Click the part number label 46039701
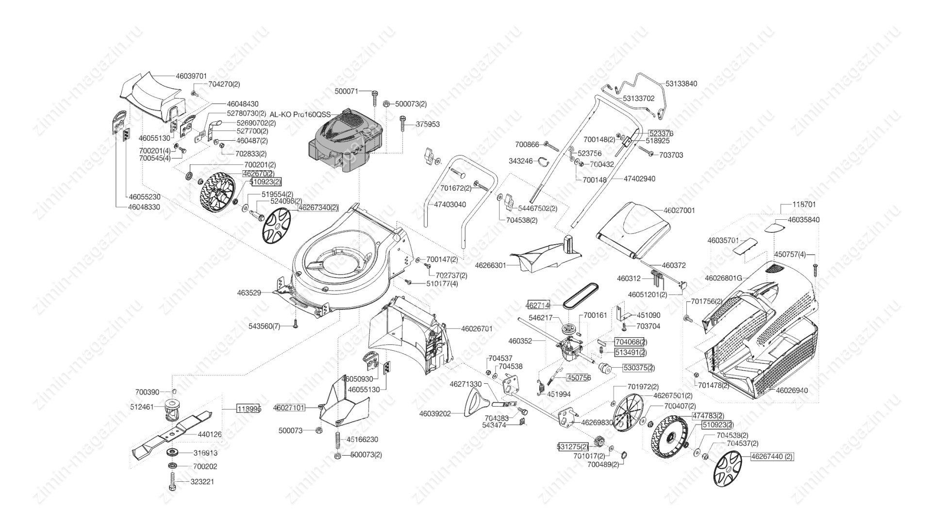pyautogui.click(x=191, y=76)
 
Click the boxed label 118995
pyautogui.click(x=249, y=409)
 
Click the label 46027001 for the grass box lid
pyautogui.click(x=679, y=211)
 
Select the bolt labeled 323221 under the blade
pyautogui.click(x=172, y=482)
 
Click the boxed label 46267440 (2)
pyautogui.click(x=772, y=457)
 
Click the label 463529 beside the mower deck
pyautogui.click(x=249, y=293)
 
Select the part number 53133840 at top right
pyautogui.click(x=681, y=83)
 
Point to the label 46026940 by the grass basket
pyautogui.click(x=792, y=390)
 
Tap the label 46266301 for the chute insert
pyautogui.click(x=490, y=265)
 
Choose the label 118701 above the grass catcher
pyautogui.click(x=804, y=205)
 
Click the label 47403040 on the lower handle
pyautogui.click(x=449, y=204)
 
